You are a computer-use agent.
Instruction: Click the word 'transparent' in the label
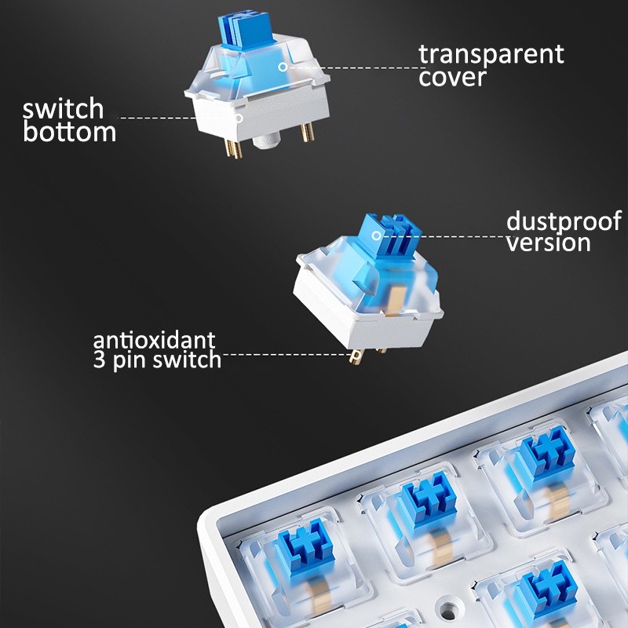coord(491,54)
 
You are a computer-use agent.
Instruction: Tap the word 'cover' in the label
coord(453,77)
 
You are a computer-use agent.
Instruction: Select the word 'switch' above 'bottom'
coord(64,108)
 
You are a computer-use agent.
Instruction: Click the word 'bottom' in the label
coord(70,132)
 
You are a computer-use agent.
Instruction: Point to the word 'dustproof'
coord(564,221)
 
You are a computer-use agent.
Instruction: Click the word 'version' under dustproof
coord(548,243)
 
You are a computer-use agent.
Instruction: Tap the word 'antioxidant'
coord(154,341)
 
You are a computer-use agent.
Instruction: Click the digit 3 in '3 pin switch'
coord(99,360)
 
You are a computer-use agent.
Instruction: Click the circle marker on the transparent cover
coord(283,67)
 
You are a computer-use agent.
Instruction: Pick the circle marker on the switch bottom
coord(239,119)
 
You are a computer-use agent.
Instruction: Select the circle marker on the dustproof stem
coord(376,235)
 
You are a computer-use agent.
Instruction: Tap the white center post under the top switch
coord(265,141)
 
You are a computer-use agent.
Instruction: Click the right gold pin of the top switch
coord(308,132)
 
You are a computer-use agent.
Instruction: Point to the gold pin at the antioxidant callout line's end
coord(356,356)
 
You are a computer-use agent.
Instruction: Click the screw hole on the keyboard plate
coord(448,612)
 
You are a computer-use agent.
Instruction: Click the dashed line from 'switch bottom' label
coord(159,119)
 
